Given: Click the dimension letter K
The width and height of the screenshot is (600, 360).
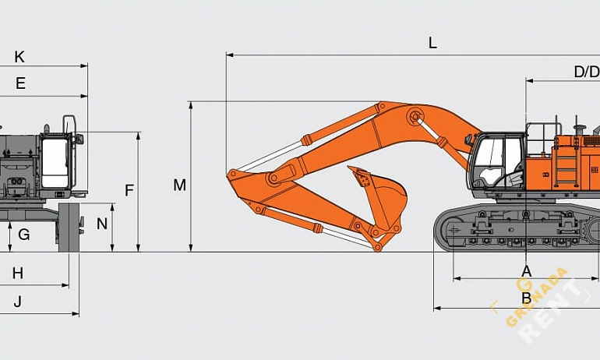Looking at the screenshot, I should click(x=19, y=57).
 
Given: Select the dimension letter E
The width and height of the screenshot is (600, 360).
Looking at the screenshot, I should click(x=20, y=83).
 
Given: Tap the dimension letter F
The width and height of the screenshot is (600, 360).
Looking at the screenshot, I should click(x=129, y=189).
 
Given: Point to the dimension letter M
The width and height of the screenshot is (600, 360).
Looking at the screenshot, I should click(x=180, y=185).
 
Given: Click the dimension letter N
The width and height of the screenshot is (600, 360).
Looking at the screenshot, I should click(x=102, y=224).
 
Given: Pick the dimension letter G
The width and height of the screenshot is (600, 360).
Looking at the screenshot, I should click(x=24, y=234).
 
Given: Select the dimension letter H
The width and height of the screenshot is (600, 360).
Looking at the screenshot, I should click(x=17, y=273).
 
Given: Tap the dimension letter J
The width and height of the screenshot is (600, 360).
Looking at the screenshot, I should click(x=17, y=301).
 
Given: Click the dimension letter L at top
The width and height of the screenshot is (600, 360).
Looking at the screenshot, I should click(x=432, y=44).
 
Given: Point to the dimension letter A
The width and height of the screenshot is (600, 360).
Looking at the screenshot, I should click(x=526, y=270).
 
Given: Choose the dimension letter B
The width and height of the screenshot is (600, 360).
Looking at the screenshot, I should click(x=526, y=298).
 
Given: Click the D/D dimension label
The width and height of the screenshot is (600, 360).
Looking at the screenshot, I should click(x=586, y=72).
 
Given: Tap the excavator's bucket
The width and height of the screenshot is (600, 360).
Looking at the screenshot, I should click(x=382, y=195).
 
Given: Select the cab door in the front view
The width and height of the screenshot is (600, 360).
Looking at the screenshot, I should click(x=55, y=164).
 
